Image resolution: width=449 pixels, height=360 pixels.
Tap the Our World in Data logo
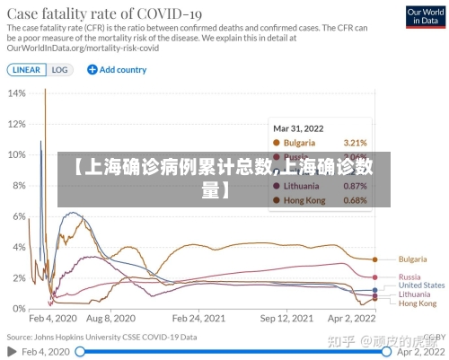(x=424, y=18)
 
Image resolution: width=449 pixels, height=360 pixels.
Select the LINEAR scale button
(x=26, y=69)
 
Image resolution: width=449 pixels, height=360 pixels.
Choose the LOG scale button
(x=59, y=69)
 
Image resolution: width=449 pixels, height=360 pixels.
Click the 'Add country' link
(x=117, y=69)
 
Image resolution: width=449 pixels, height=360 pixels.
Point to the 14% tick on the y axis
(x=16, y=92)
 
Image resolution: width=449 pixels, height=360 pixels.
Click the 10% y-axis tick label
(x=16, y=154)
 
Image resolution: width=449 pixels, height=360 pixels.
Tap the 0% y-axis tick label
(x=19, y=308)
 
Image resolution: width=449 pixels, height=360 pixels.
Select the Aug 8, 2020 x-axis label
(x=111, y=319)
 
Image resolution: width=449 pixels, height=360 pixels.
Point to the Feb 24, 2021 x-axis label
(x=198, y=319)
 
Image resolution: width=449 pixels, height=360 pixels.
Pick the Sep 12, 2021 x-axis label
(x=286, y=319)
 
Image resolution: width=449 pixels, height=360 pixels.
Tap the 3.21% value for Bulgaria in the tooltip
(x=356, y=143)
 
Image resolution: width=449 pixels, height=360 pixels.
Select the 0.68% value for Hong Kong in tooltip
(x=356, y=200)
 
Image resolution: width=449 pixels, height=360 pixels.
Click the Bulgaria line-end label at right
(x=412, y=259)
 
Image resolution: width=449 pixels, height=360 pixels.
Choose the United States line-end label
(x=421, y=285)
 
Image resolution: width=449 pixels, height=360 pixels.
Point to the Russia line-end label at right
(x=409, y=277)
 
